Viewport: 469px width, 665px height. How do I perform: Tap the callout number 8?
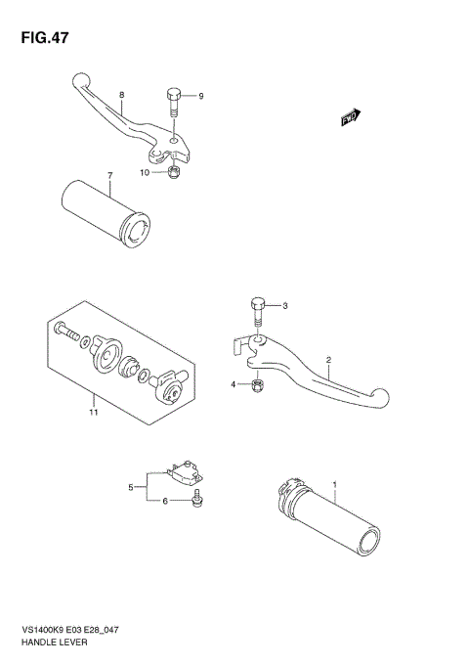tap(121, 95)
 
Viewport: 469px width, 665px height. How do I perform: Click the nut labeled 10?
tap(173, 174)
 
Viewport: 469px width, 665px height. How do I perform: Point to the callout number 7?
tap(110, 176)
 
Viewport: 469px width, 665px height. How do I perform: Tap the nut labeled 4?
tap(255, 383)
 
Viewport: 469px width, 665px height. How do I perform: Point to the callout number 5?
tap(130, 486)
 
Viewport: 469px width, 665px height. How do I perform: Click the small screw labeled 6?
tap(196, 501)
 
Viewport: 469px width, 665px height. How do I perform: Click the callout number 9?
tap(200, 96)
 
